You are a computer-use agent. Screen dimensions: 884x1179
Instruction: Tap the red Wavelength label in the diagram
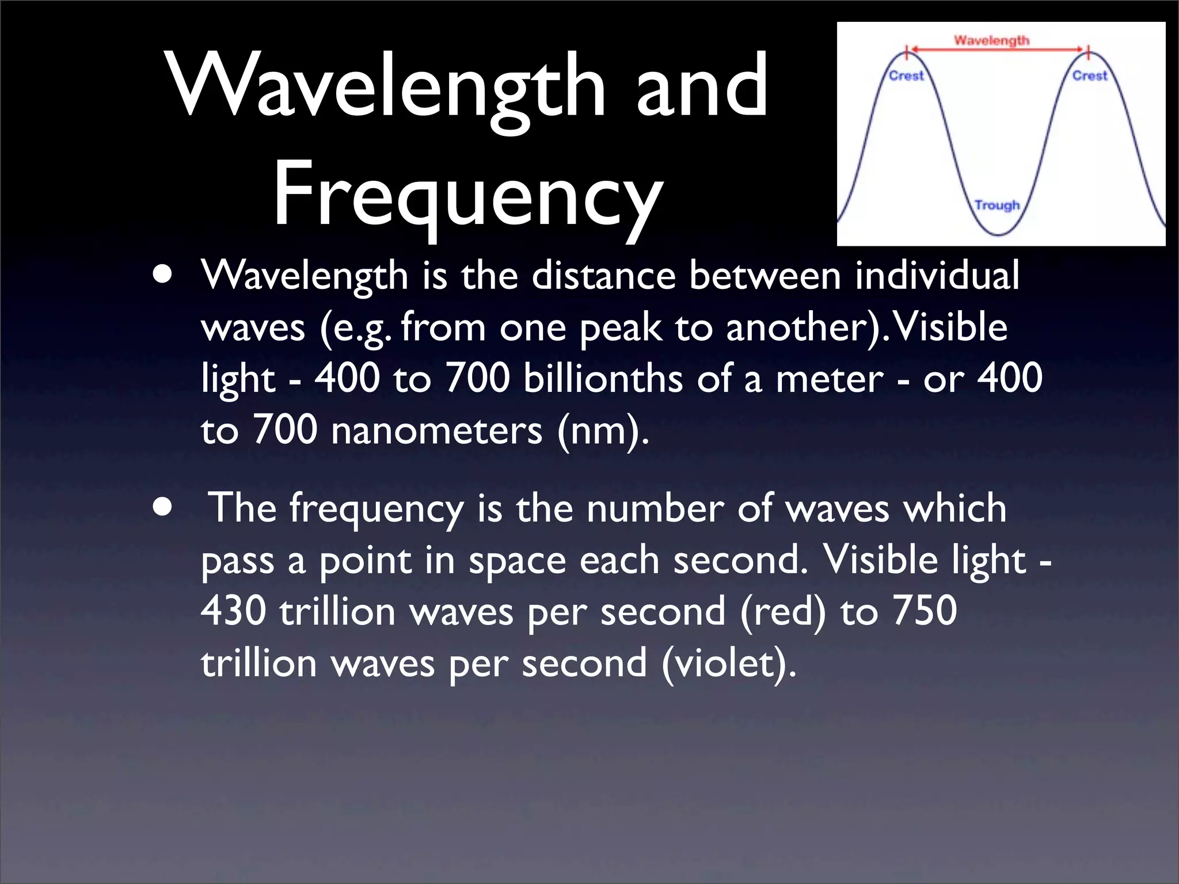point(991,40)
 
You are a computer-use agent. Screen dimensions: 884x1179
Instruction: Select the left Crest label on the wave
point(906,76)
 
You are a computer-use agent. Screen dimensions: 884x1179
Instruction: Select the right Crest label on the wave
point(1089,76)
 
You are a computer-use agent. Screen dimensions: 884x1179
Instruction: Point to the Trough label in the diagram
point(997,205)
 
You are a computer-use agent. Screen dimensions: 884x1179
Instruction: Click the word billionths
point(603,379)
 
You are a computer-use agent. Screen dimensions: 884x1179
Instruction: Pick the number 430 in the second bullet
point(233,611)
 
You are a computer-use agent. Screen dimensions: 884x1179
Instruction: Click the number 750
point(924,611)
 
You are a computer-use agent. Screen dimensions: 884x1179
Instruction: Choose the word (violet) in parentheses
point(729,663)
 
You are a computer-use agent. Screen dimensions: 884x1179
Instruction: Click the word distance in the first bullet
point(603,275)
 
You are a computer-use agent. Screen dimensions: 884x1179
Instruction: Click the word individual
point(937,275)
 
